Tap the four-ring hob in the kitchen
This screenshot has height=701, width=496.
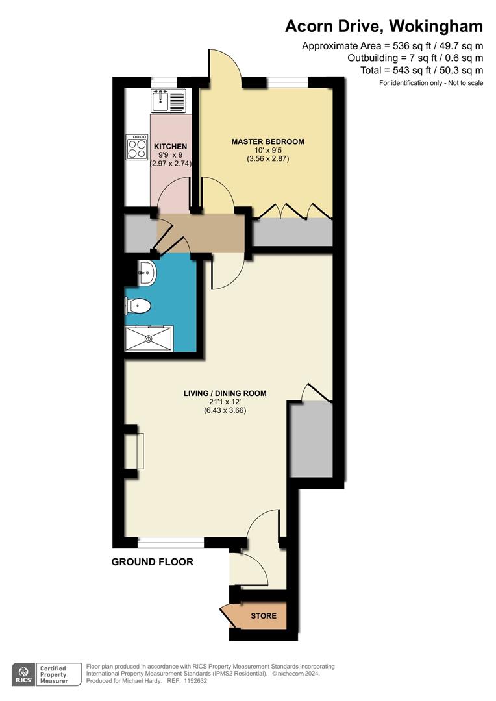pyautogui.click(x=137, y=147)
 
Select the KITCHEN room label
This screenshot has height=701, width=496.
pyautogui.click(x=171, y=147)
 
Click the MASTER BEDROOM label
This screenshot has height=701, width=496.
pyautogui.click(x=267, y=141)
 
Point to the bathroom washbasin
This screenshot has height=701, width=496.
pyautogui.click(x=146, y=273)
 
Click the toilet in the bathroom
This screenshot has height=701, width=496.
pyautogui.click(x=138, y=304)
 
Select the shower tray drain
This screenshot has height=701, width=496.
pyautogui.click(x=149, y=338)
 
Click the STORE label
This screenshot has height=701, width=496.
pyautogui.click(x=264, y=615)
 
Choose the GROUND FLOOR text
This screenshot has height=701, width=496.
pyautogui.click(x=153, y=562)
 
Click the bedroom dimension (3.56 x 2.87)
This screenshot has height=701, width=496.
pyautogui.click(x=267, y=158)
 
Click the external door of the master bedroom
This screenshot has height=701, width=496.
pyautogui.click(x=225, y=65)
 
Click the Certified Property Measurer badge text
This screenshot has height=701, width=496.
pyautogui.click(x=55, y=674)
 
